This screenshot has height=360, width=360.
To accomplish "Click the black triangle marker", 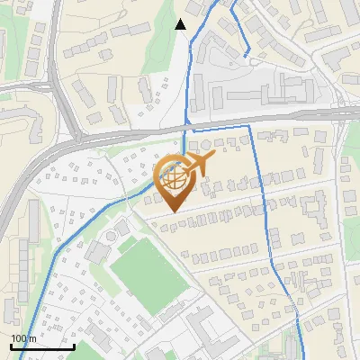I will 181,24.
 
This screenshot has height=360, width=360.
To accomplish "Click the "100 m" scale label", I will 22,337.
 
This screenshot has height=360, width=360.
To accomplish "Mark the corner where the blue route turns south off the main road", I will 249,128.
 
